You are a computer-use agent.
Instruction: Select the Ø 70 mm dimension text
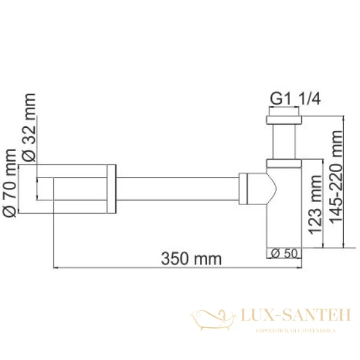(11, 180)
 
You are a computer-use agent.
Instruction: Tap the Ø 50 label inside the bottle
(283, 253)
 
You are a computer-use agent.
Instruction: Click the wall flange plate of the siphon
(111, 188)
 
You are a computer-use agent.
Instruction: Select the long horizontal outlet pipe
(177, 188)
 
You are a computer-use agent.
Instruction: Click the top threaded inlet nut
(283, 116)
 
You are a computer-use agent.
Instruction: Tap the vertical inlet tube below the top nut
(283, 143)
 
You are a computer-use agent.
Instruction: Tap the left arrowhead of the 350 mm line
(56, 268)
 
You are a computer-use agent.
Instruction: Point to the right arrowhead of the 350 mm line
(298, 268)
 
